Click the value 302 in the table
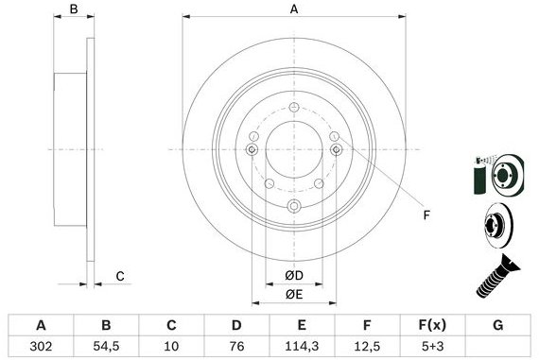point(41,346)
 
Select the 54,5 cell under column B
point(106,346)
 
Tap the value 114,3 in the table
point(302,346)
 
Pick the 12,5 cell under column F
point(367,346)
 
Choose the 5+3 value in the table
point(432,346)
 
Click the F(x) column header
point(432,325)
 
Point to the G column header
point(498,325)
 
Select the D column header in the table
point(236,325)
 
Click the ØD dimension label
point(294,276)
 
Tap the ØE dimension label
point(294,295)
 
